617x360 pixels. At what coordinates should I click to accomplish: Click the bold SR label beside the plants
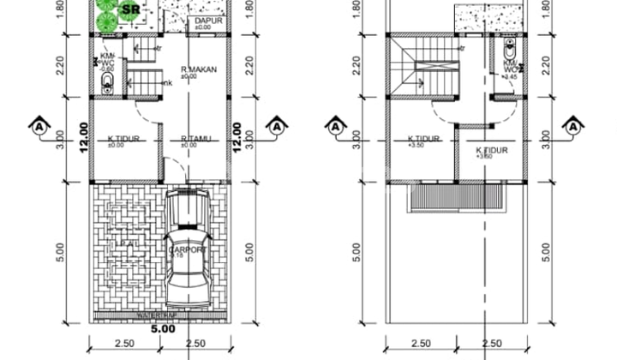(130, 10)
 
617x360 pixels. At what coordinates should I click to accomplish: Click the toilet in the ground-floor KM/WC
(107, 84)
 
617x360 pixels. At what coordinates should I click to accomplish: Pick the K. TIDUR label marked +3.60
(492, 153)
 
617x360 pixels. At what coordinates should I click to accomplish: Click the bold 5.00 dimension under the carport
(161, 326)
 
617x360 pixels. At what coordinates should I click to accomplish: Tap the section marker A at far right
(571, 125)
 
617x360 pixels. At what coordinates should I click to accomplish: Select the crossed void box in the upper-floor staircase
(427, 66)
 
